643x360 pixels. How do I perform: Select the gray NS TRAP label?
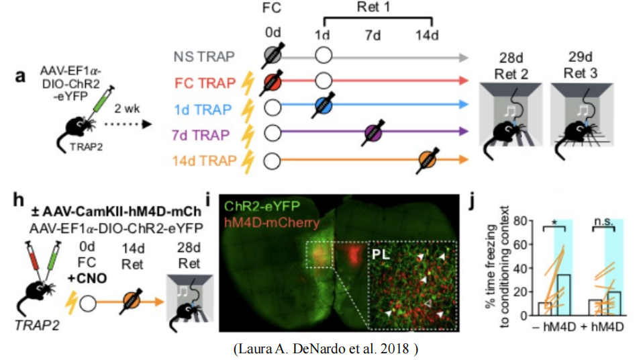207,58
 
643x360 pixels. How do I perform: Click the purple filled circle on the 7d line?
373,134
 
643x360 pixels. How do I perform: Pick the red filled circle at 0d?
272,83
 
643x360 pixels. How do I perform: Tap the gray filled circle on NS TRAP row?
272,56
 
